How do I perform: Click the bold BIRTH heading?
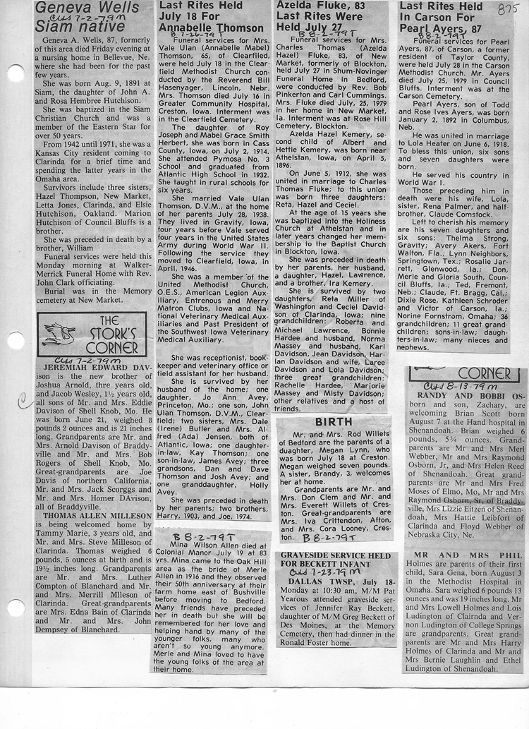tap(333, 421)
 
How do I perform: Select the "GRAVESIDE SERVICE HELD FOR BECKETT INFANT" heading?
tap(335, 560)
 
